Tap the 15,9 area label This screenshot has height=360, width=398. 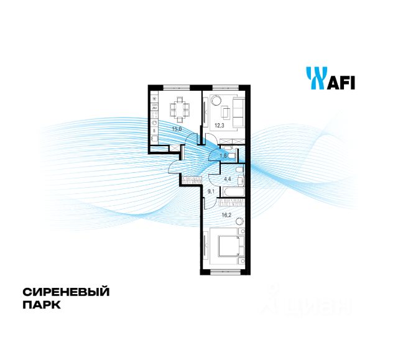[177, 129]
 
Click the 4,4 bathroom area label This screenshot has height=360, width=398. [227, 180]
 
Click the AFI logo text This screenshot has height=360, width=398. [340, 81]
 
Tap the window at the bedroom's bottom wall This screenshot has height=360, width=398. [225, 272]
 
